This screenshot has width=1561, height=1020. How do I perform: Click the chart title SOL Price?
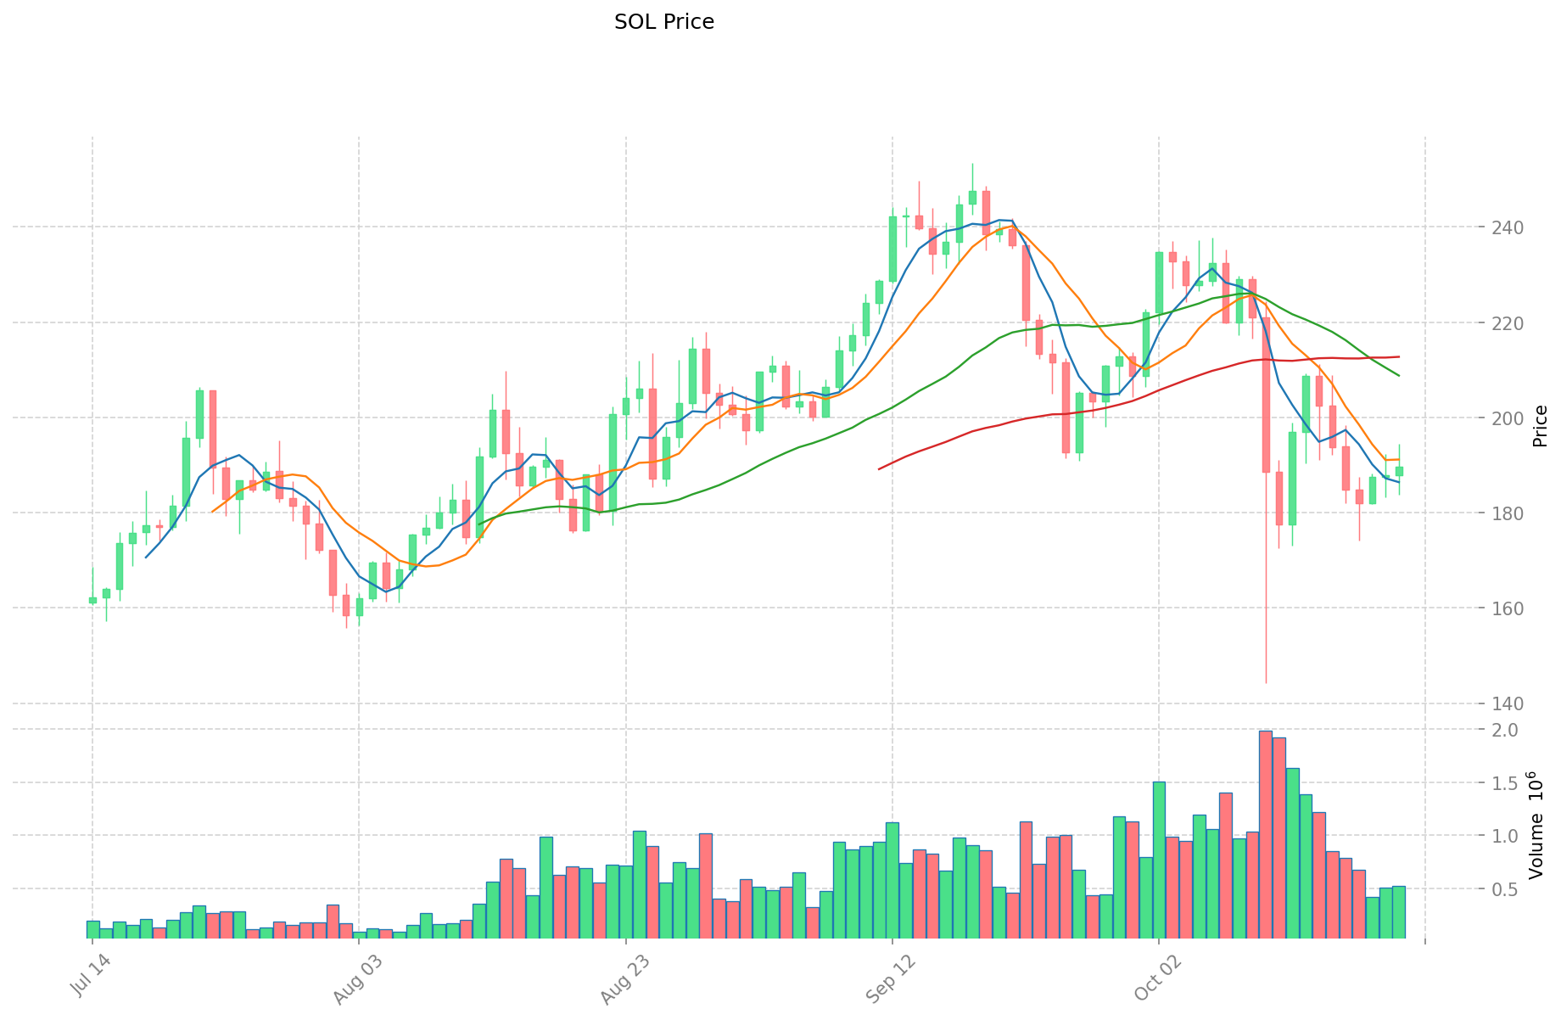(663, 22)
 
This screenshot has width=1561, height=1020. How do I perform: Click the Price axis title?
(1541, 426)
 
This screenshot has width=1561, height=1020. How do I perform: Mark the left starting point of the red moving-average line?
(879, 468)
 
